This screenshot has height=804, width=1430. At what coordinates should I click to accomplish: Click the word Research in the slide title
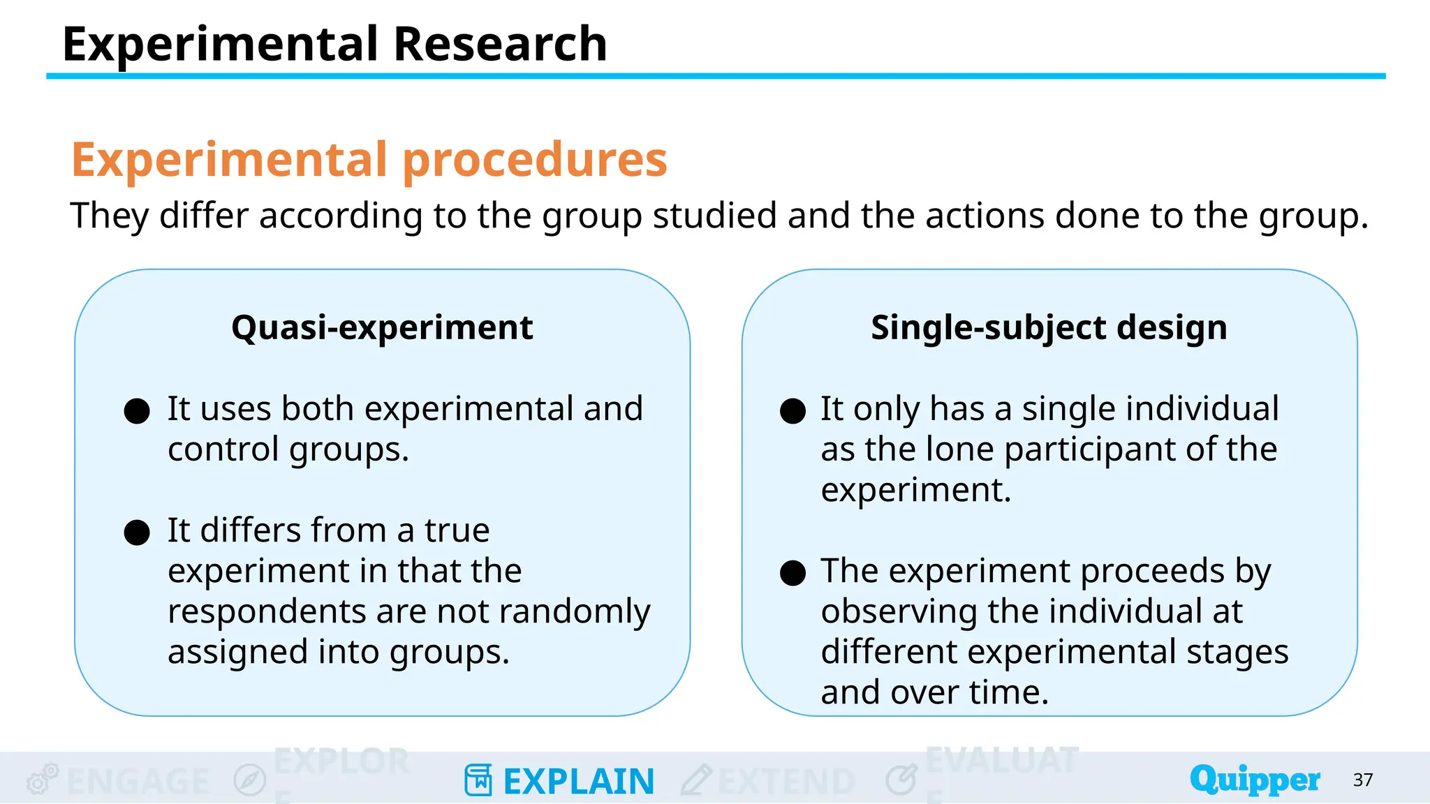[x=500, y=45]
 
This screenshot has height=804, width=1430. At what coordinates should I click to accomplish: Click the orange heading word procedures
[x=535, y=160]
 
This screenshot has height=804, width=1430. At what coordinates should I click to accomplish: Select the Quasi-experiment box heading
[x=382, y=327]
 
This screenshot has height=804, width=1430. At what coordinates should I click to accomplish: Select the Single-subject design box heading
[x=1049, y=327]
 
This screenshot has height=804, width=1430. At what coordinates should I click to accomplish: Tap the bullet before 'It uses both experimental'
[x=137, y=411]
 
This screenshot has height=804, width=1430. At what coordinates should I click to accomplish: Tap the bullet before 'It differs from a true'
[x=137, y=533]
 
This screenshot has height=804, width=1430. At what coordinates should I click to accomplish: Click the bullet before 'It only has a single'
[x=793, y=411]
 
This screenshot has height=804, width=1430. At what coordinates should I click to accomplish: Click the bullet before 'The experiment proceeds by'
[x=793, y=573]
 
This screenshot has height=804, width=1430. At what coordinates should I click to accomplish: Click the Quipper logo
[x=1255, y=780]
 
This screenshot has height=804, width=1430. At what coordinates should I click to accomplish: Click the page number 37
[x=1362, y=780]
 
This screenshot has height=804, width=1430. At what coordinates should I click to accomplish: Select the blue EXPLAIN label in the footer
[x=578, y=781]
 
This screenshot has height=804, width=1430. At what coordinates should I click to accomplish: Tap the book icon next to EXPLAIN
[x=478, y=780]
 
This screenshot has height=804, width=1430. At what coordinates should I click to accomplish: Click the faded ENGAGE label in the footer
[x=138, y=781]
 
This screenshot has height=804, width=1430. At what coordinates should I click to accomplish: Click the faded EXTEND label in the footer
[x=786, y=781]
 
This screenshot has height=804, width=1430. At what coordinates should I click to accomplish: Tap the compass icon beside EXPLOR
[x=249, y=780]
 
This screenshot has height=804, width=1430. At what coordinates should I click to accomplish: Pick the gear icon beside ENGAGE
[x=42, y=779]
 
